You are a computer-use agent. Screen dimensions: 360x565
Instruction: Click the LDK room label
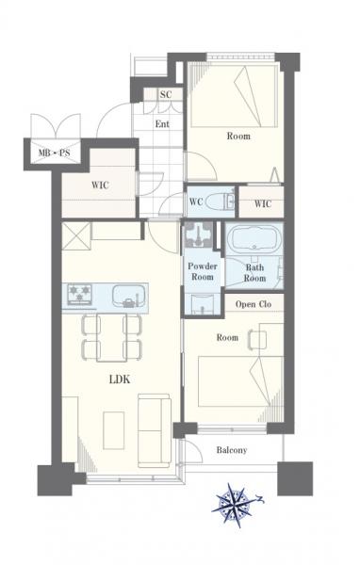[120, 379]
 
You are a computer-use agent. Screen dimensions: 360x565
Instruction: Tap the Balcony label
[232, 450]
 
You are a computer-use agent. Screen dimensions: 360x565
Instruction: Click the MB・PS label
[54, 153]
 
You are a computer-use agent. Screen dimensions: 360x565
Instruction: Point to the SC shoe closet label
[166, 95]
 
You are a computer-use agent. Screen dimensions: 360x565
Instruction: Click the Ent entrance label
[162, 124]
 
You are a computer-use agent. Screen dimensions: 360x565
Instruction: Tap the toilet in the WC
[220, 202]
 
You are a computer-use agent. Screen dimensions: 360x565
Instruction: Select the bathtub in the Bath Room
[255, 239]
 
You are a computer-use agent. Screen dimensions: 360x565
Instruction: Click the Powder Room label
[203, 272]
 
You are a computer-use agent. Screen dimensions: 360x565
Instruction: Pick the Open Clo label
[254, 304]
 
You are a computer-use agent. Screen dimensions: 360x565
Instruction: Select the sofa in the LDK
[154, 430]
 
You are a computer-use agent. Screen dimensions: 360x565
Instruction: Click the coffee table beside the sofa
[114, 430]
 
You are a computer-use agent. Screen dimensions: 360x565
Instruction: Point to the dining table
[111, 337]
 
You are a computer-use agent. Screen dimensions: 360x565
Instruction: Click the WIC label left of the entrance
[100, 186]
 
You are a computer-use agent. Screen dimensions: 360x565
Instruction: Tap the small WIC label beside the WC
[263, 203]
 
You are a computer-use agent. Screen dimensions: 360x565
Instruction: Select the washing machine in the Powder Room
[199, 234]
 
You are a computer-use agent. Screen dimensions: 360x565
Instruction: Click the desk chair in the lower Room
[257, 340]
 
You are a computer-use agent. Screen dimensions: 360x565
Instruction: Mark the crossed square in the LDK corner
[76, 236]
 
